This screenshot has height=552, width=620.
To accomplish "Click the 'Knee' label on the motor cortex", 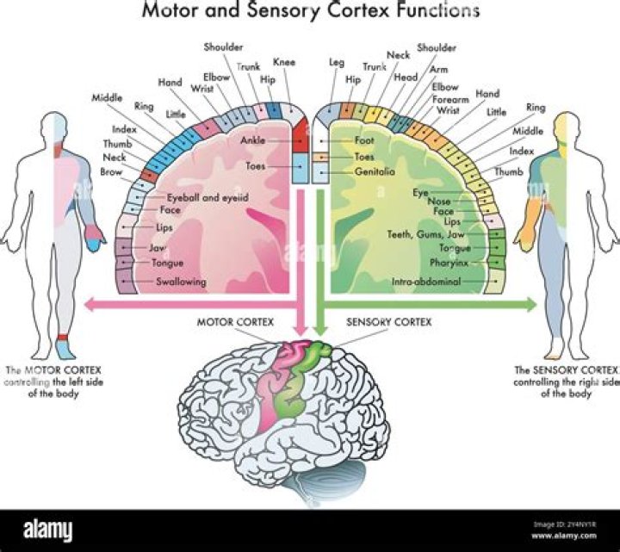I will tap(283, 63).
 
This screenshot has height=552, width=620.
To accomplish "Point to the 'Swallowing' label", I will tap(181, 282).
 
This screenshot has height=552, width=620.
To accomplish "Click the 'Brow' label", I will tap(113, 172).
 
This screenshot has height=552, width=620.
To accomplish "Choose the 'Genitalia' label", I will tap(375, 171).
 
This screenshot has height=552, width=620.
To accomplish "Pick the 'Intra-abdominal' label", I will tap(426, 282).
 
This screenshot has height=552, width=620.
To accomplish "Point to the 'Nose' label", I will tap(439, 202).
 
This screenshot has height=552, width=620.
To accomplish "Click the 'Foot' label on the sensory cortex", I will tap(363, 140).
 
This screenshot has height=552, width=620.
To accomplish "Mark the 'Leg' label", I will tap(337, 63).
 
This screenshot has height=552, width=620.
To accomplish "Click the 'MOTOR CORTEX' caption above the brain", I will tap(236, 322).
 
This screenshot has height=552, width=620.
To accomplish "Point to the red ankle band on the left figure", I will tap(62, 335).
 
